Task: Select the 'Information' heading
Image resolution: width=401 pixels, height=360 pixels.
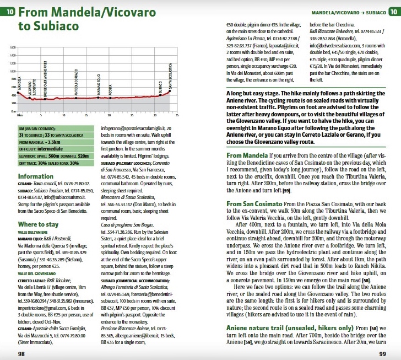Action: point(36,177)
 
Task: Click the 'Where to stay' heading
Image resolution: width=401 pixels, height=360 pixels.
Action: point(39,224)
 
